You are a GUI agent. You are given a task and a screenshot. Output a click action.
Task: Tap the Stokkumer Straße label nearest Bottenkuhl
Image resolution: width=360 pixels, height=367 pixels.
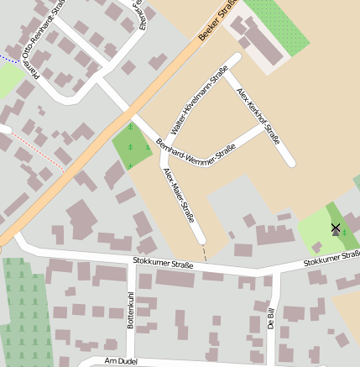click(163, 264)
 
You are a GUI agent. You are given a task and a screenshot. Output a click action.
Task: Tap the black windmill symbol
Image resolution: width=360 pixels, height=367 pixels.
click(336, 228)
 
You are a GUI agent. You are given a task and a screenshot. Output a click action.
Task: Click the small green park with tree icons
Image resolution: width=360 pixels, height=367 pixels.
click(132, 146)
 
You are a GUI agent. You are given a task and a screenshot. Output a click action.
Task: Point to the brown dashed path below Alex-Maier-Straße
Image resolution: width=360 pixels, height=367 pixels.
click(204, 253)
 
